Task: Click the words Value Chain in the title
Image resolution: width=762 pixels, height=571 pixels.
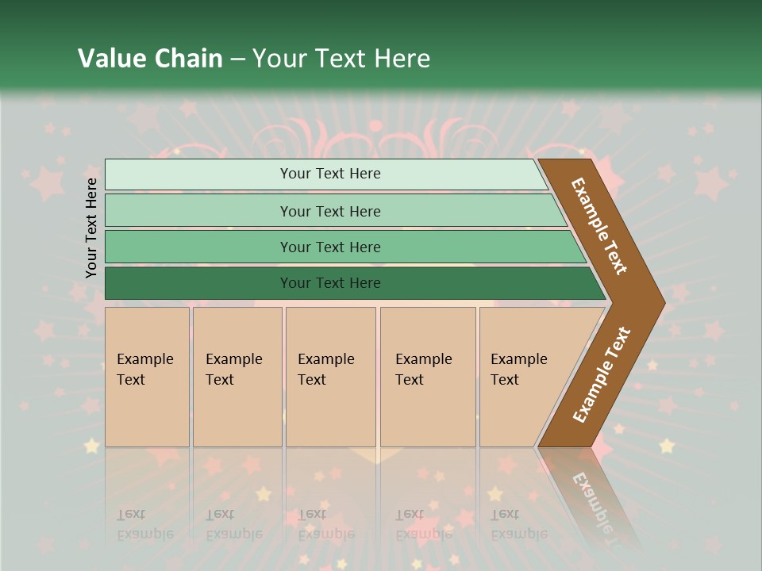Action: (150, 59)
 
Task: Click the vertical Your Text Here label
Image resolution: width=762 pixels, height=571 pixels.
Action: (91, 228)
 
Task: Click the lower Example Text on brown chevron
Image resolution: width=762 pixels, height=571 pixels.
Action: (602, 374)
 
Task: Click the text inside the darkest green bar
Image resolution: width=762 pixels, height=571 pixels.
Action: (330, 283)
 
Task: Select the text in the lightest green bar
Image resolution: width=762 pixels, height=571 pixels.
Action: (330, 174)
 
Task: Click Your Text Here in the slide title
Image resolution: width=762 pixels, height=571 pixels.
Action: (341, 59)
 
